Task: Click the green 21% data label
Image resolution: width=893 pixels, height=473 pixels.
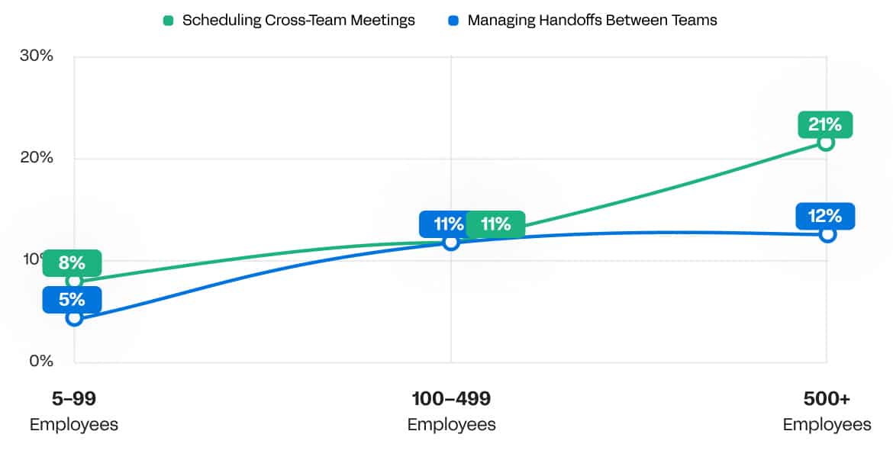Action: coord(825,124)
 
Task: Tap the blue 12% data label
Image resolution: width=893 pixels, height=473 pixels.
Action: coord(825,216)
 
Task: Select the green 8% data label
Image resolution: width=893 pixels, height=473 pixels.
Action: coord(72,263)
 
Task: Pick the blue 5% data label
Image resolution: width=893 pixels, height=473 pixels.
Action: coord(72,300)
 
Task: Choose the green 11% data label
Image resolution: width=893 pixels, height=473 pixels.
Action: coord(495,224)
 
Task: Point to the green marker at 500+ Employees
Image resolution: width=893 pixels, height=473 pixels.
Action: coord(826,143)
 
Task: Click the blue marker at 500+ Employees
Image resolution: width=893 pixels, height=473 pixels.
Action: coord(827,234)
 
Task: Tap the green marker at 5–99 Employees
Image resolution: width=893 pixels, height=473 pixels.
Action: coord(74,281)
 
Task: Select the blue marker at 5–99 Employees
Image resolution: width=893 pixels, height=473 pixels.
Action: coord(74,317)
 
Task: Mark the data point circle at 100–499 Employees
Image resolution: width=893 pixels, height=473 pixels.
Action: coord(451,243)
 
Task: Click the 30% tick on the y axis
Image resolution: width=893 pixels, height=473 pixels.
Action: coord(37,56)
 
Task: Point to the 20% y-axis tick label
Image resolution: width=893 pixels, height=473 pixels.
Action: coord(37,158)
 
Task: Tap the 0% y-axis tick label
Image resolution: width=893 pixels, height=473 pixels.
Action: coord(40,361)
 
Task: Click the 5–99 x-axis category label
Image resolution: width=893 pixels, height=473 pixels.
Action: coord(74,398)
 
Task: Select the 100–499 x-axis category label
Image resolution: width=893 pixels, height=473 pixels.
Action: coord(451,398)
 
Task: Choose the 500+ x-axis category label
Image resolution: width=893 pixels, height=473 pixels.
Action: coord(827,398)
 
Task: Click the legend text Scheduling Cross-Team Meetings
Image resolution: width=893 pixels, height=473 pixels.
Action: coord(298,21)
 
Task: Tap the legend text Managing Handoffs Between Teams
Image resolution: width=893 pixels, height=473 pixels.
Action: coord(592,21)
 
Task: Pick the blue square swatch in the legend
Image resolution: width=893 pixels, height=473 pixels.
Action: coord(453,21)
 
